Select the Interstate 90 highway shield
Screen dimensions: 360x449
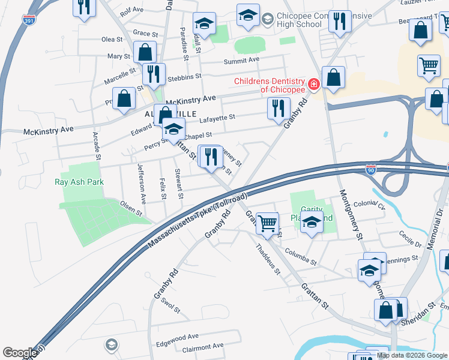click(x=371, y=170)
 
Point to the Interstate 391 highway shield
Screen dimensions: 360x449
click(x=28, y=20)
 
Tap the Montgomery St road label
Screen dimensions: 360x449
click(x=352, y=215)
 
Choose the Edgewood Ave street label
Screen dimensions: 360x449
click(x=177, y=337)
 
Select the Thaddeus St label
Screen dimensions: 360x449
click(x=268, y=259)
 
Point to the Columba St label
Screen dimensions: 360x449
click(x=301, y=256)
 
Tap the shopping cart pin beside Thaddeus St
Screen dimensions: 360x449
click(x=267, y=223)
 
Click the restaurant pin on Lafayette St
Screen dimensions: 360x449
click(x=278, y=108)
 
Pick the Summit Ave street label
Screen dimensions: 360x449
click(x=241, y=60)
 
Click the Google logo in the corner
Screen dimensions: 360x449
click(x=20, y=353)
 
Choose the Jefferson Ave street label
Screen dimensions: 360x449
click(x=142, y=183)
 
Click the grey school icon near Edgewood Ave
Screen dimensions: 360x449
click(x=110, y=344)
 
